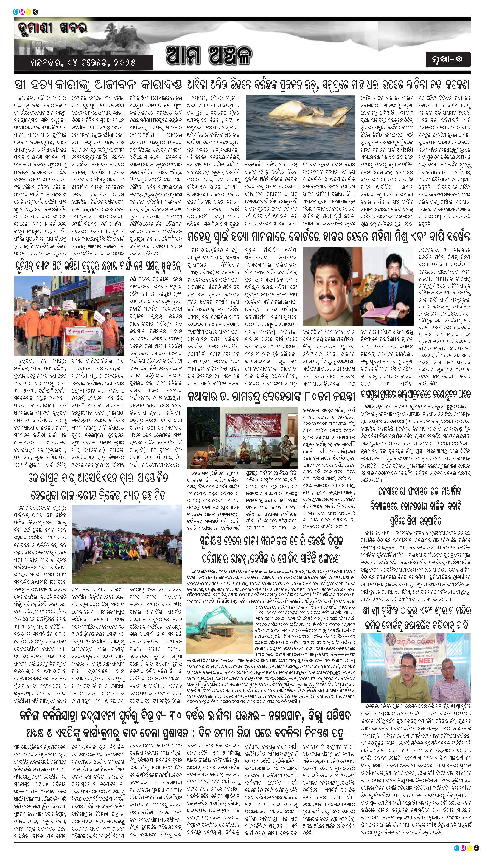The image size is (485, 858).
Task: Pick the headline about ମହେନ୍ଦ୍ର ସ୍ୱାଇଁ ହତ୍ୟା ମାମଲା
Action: (x=329, y=237)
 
